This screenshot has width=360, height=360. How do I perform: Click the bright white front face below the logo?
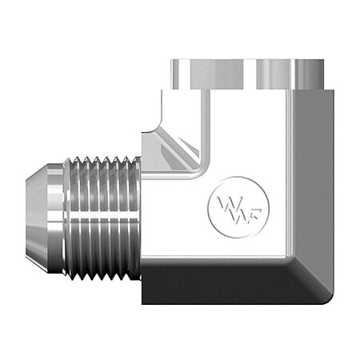pos(224,244)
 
